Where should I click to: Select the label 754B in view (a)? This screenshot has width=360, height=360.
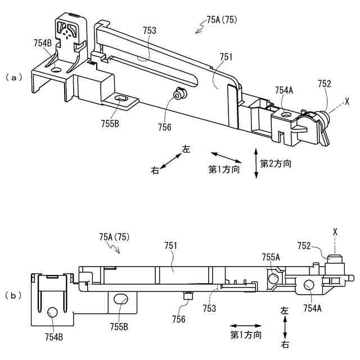pos(43,42)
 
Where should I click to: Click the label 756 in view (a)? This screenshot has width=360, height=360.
pos(165,127)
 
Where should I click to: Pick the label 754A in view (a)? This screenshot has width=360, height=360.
pos(285,90)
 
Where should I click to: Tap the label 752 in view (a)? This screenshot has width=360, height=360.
pos(325,84)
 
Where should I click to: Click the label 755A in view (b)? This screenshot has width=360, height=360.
pos(271,257)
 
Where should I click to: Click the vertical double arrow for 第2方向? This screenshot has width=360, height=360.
pos(256,163)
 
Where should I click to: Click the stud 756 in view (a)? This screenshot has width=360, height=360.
pos(179,96)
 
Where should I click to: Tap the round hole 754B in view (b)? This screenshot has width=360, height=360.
pos(52,312)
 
